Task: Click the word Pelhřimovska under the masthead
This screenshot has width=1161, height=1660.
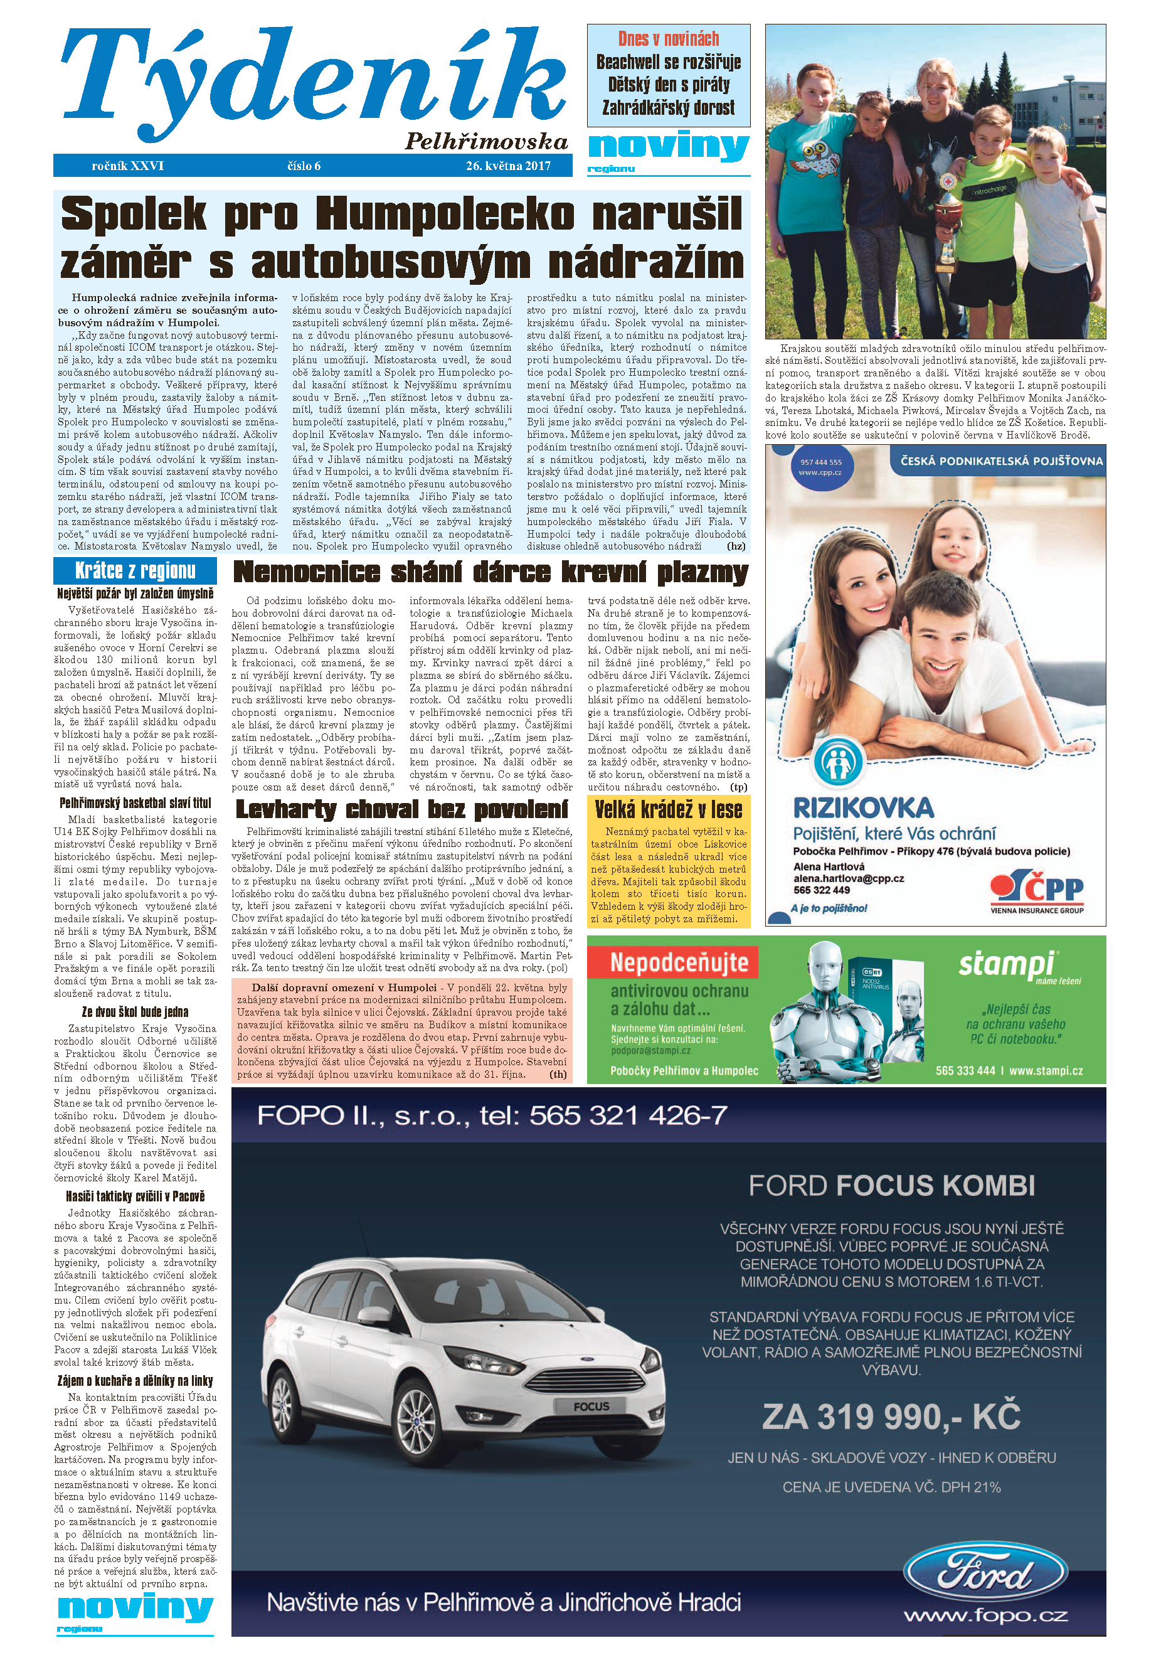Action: (x=486, y=141)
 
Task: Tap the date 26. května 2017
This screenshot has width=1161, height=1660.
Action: (x=507, y=166)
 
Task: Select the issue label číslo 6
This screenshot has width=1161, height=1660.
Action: (x=304, y=166)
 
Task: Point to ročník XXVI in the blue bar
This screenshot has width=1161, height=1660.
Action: (x=128, y=166)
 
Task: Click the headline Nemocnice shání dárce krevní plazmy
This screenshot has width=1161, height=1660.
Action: (x=490, y=572)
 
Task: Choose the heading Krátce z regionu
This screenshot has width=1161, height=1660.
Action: (x=135, y=570)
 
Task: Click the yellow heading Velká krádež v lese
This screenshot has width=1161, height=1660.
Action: (x=668, y=809)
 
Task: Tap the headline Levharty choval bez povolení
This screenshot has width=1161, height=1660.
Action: (x=402, y=809)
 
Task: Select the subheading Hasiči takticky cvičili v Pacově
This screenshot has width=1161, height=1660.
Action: (x=135, y=1196)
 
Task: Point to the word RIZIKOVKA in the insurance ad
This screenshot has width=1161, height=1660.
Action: (x=863, y=807)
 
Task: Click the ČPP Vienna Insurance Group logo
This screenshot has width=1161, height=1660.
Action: (x=1037, y=891)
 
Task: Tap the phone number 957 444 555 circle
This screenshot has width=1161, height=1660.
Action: (x=820, y=466)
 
